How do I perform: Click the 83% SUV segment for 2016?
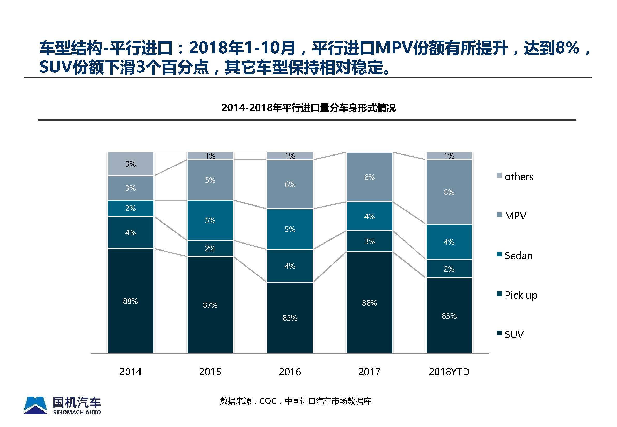(x=290, y=318)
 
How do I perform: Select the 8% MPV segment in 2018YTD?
(x=449, y=192)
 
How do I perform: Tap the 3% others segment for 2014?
(x=131, y=164)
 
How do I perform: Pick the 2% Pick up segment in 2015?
(x=210, y=248)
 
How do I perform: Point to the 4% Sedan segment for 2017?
(x=370, y=216)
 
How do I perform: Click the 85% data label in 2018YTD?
(x=449, y=316)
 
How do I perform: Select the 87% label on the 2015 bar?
(x=210, y=305)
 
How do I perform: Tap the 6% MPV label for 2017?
(x=370, y=177)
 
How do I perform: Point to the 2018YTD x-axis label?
(x=449, y=372)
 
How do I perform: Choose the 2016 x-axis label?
(x=290, y=372)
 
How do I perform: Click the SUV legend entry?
(x=514, y=334)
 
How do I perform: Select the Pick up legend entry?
(x=521, y=295)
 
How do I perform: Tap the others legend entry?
(x=519, y=176)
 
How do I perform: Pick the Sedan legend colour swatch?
(x=499, y=254)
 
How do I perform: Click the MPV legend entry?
(x=515, y=216)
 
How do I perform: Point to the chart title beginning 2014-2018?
(x=308, y=108)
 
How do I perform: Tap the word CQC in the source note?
(x=268, y=401)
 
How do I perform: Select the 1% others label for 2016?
(x=290, y=156)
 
